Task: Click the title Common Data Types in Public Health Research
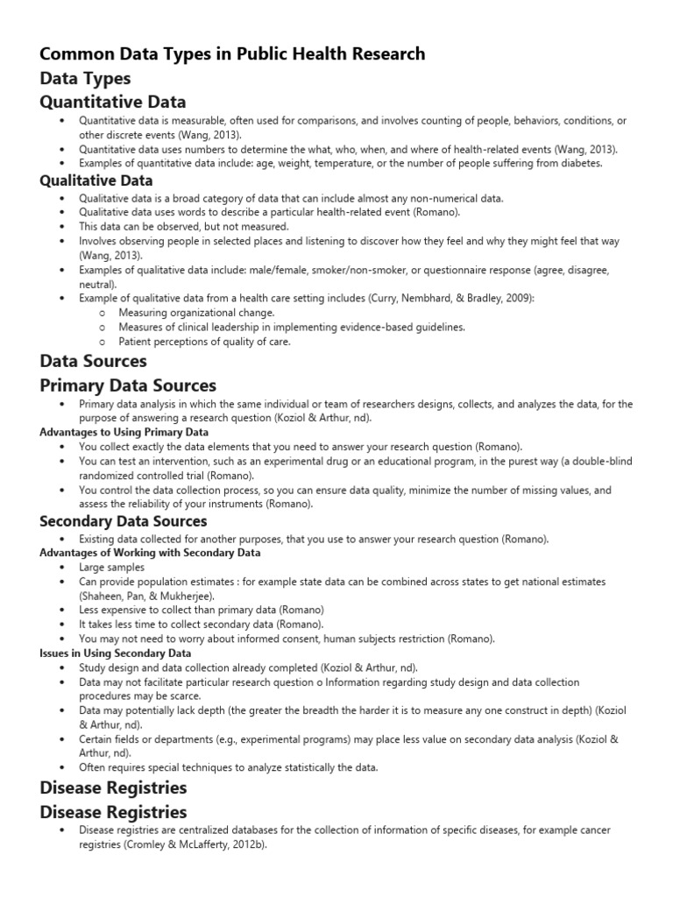point(232,54)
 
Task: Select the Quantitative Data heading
point(113,102)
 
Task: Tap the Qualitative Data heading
point(96,180)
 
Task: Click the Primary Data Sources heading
point(128,385)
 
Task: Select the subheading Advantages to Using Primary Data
point(124,432)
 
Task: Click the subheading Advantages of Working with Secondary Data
point(150,553)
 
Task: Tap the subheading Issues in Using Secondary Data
point(116,653)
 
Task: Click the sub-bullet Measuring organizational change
point(196,313)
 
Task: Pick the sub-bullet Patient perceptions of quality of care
point(204,342)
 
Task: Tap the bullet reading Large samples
point(111,568)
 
